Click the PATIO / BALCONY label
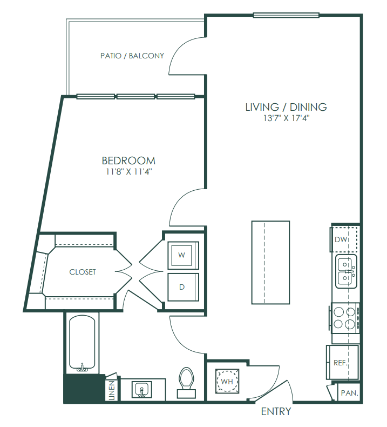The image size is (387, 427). pyautogui.click(x=132, y=56)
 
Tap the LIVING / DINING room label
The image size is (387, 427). pyautogui.click(x=286, y=107)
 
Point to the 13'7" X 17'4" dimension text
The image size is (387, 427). pyautogui.click(x=287, y=118)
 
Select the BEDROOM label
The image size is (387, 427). pyautogui.click(x=128, y=161)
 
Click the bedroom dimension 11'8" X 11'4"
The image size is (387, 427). pyautogui.click(x=129, y=172)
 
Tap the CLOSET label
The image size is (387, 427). pyautogui.click(x=83, y=272)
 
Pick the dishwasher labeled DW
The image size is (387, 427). pyautogui.click(x=344, y=239)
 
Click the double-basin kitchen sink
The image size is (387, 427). pyautogui.click(x=346, y=271)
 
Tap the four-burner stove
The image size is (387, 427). pyautogui.click(x=345, y=318)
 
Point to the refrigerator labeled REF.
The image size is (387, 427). pyautogui.click(x=343, y=362)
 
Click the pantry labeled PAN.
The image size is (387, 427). pyautogui.click(x=349, y=393)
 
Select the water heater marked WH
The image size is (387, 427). pyautogui.click(x=227, y=381)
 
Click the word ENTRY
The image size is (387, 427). pyautogui.click(x=276, y=411)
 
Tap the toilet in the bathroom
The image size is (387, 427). pyautogui.click(x=186, y=382)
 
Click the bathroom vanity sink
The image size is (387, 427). pyautogui.click(x=141, y=389)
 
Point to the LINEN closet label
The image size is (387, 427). pyautogui.click(x=112, y=390)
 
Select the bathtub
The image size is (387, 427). pyautogui.click(x=82, y=344)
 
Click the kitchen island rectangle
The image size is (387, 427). pyautogui.click(x=270, y=263)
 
